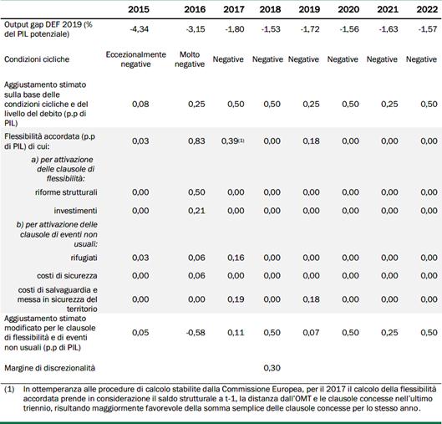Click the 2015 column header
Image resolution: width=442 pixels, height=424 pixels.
[139, 9]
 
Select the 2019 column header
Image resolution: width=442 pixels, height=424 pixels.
[309, 9]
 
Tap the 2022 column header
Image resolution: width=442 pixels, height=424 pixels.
[427, 9]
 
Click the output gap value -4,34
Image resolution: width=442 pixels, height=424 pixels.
[139, 29]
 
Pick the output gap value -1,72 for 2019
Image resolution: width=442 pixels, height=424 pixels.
[310, 29]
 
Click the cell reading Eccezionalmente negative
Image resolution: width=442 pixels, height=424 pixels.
[136, 59]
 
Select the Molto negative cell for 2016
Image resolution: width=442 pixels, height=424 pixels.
[190, 59]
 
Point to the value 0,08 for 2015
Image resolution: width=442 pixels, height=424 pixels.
[140, 104]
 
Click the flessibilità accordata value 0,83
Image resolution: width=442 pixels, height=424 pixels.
[196, 141]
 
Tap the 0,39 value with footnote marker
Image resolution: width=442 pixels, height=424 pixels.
[233, 141]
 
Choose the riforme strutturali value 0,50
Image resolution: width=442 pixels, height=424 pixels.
[196, 192]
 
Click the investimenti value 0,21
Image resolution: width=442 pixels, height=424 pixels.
[196, 211]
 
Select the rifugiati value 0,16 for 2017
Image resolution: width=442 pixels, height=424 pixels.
[236, 258]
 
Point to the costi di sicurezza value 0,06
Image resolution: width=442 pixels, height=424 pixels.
[196, 276]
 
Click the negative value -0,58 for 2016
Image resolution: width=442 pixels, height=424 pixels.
[196, 333]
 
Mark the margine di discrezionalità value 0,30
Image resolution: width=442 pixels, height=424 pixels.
[272, 368]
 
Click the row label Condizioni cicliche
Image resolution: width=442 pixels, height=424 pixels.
[37, 59]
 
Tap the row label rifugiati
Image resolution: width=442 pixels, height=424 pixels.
[84, 258]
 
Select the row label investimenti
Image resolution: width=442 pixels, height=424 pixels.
[75, 211]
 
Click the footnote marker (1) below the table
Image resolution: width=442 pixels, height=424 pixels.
[9, 390]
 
